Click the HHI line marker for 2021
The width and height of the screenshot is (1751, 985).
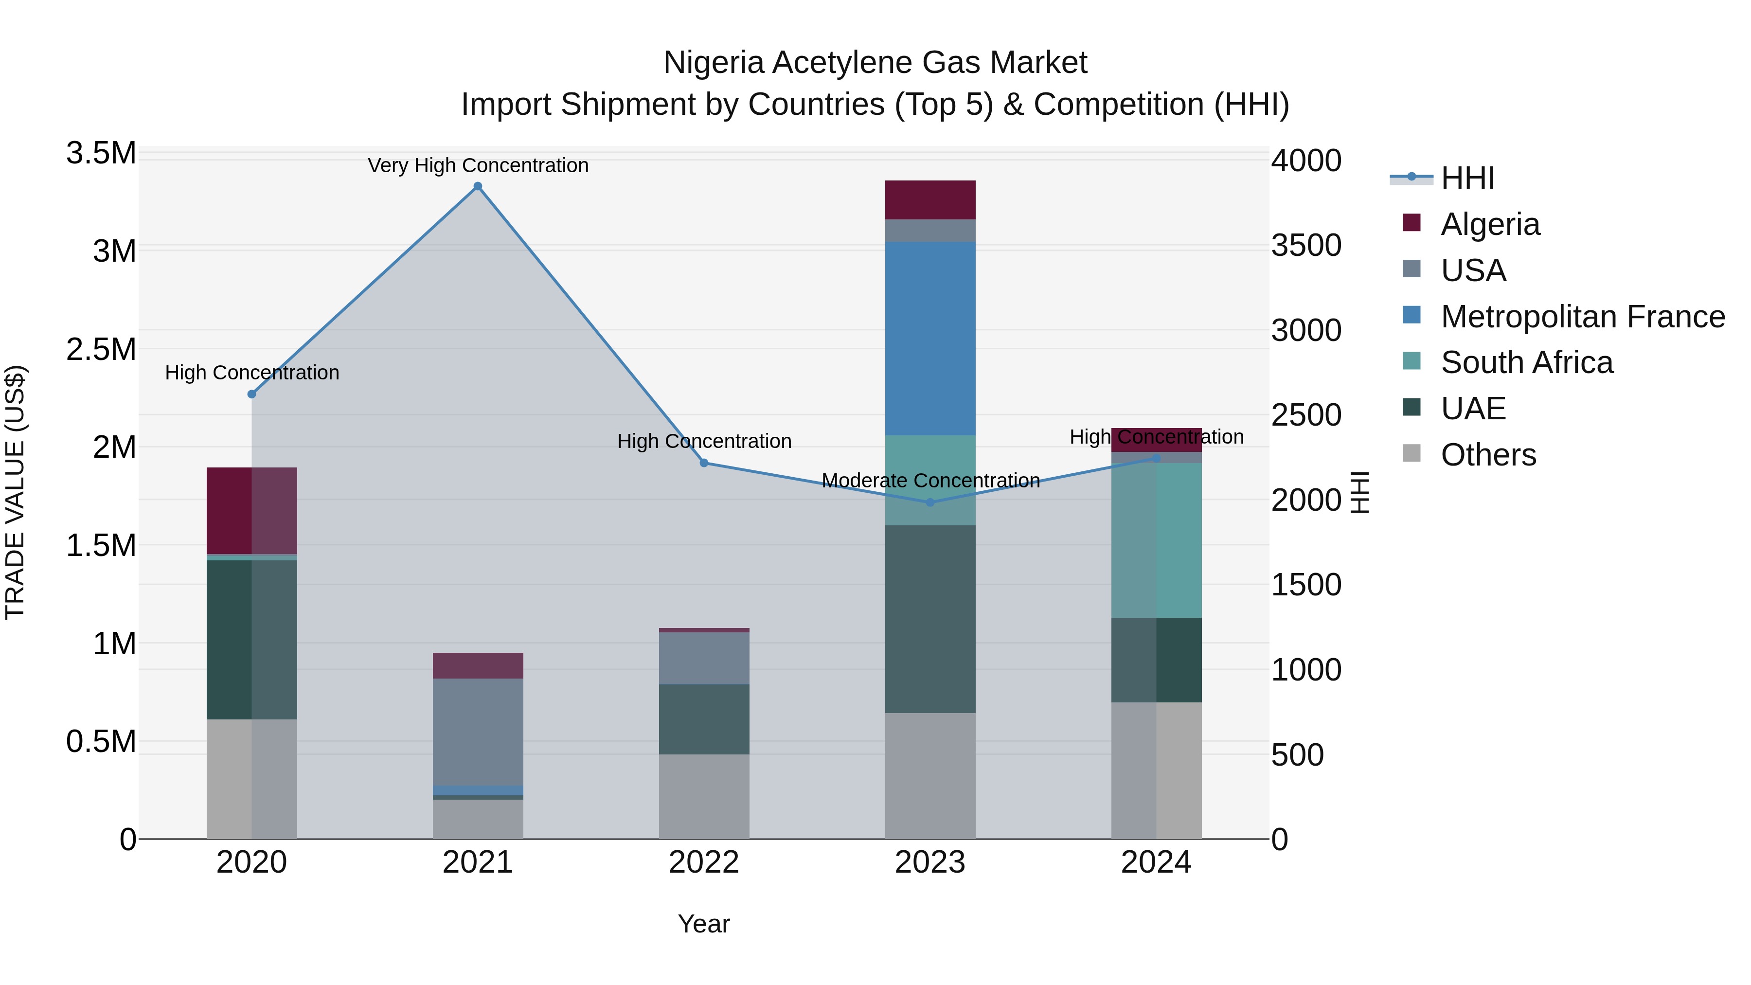478,186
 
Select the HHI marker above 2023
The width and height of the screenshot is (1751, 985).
930,502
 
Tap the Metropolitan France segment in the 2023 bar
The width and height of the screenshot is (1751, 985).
930,339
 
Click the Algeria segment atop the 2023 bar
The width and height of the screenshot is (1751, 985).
930,200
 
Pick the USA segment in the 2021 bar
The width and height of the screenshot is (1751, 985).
478,732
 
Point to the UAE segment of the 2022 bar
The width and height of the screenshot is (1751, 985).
704,719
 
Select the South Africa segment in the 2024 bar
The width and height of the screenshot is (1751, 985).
1156,540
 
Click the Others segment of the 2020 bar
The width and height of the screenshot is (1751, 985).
251,779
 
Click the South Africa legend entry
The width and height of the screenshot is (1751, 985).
1526,362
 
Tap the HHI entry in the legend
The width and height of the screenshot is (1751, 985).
1467,178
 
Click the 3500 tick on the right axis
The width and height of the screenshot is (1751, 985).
1306,246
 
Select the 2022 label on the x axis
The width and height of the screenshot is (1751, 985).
704,862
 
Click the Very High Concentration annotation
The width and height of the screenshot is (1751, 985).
478,165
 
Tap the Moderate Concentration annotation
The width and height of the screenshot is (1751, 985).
930,481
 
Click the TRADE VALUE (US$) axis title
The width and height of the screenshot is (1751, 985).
15,493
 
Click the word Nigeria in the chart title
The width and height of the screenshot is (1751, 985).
714,63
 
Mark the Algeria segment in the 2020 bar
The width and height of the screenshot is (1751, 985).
251,511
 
